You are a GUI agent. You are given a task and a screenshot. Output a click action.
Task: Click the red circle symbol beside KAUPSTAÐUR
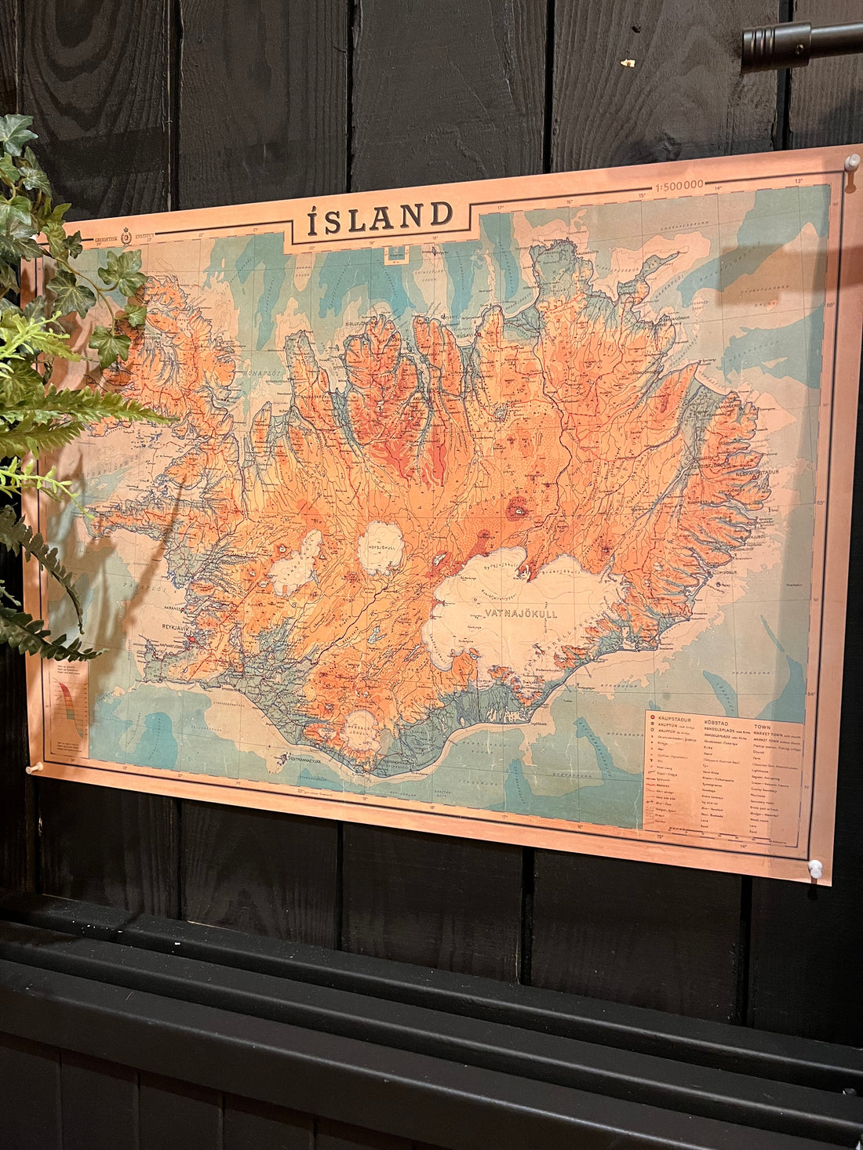652,717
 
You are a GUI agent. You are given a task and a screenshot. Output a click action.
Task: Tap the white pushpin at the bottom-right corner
815,867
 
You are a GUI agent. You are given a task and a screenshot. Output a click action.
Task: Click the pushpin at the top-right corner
850,161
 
